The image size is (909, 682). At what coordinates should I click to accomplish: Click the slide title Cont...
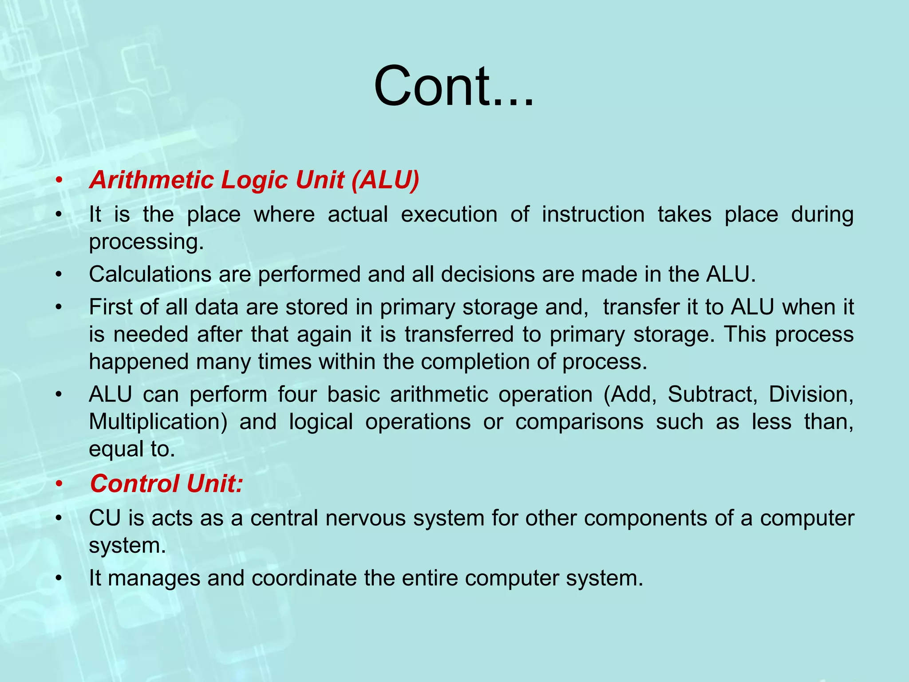(x=454, y=87)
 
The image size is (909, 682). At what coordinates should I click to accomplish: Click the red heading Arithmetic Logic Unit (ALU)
(x=254, y=180)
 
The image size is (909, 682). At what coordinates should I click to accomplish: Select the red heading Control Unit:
(x=166, y=484)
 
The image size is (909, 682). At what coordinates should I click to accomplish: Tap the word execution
(x=449, y=214)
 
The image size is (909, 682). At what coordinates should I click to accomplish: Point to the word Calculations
(x=150, y=274)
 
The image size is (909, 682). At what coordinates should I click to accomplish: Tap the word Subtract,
(x=712, y=394)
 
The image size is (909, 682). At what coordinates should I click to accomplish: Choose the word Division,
(x=811, y=394)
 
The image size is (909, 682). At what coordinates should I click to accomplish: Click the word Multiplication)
(x=158, y=421)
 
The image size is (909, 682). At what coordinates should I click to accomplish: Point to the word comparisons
(x=579, y=421)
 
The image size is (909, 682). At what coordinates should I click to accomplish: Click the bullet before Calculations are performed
(x=58, y=275)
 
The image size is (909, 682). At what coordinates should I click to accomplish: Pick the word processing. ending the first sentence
(x=146, y=242)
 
